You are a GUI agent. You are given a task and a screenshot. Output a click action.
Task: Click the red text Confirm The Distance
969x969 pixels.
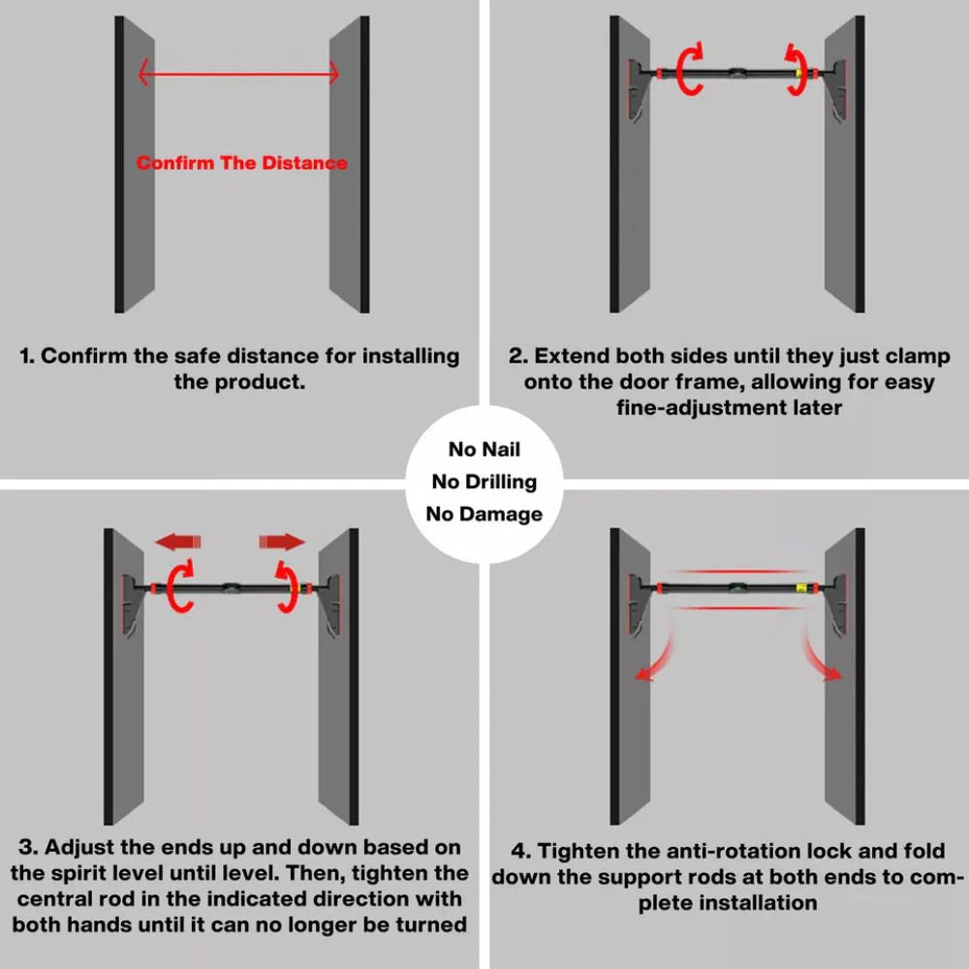[241, 163]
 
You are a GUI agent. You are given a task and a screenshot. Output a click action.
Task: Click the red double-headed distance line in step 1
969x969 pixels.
[238, 74]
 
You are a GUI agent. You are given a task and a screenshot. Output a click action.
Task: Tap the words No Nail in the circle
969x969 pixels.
[484, 450]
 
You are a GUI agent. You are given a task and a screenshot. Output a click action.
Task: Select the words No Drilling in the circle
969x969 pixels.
[484, 482]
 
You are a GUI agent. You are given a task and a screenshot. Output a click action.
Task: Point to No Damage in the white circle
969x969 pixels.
[484, 514]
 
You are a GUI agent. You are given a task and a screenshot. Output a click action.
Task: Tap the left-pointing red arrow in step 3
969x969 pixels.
[178, 542]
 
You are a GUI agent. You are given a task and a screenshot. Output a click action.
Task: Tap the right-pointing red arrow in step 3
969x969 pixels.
[282, 542]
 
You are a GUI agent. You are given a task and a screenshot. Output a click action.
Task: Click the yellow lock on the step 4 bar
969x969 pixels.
[801, 588]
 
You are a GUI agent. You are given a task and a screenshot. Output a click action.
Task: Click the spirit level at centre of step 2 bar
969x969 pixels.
[736, 74]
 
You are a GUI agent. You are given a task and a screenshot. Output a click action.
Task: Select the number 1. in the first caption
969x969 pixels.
[27, 357]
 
